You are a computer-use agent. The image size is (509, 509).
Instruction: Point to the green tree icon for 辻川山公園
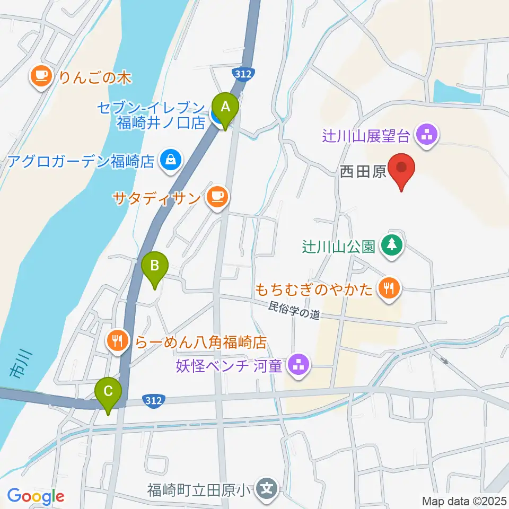(392, 245)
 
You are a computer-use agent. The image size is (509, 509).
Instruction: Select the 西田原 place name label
(363, 172)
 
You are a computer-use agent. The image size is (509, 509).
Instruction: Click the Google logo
(36, 497)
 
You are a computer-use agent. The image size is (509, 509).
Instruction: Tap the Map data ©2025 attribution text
(464, 501)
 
